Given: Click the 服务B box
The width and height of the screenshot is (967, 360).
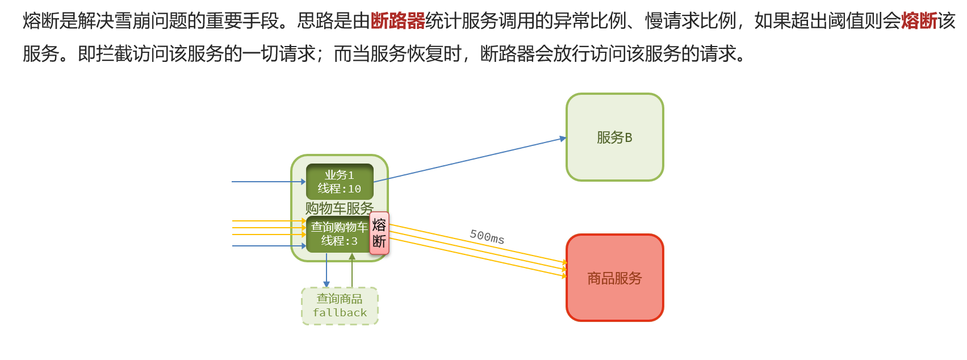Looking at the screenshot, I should pyautogui.click(x=614, y=137).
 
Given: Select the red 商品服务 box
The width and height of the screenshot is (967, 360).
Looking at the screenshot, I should pyautogui.click(x=614, y=278).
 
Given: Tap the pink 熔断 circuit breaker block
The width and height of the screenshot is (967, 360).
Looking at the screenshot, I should pyautogui.click(x=379, y=233).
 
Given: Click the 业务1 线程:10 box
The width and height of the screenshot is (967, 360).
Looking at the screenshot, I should pyautogui.click(x=340, y=182).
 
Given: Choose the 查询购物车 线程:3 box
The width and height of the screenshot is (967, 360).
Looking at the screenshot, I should pyautogui.click(x=338, y=234).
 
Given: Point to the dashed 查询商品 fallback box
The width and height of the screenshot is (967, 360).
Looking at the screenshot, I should pyautogui.click(x=340, y=306).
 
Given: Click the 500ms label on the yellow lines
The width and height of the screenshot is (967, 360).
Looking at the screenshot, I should pyautogui.click(x=487, y=236).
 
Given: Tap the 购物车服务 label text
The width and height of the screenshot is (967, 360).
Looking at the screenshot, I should pyautogui.click(x=340, y=208).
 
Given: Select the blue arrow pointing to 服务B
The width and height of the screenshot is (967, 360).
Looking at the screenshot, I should pyautogui.click(x=471, y=160).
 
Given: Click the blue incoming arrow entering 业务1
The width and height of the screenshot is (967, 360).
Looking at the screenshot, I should pyautogui.click(x=267, y=182).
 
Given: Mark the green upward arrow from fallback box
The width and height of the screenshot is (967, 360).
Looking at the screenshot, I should pyautogui.click(x=352, y=271).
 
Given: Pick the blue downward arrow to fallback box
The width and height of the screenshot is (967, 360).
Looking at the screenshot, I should pyautogui.click(x=326, y=271).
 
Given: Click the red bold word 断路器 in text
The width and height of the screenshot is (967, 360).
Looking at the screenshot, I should pyautogui.click(x=397, y=21).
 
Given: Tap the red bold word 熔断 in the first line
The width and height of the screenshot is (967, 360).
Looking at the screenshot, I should pyautogui.click(x=919, y=21).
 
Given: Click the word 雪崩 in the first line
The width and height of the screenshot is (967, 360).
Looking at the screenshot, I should pyautogui.click(x=132, y=21).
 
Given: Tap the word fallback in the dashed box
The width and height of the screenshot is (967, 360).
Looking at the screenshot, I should pyautogui.click(x=340, y=313).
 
